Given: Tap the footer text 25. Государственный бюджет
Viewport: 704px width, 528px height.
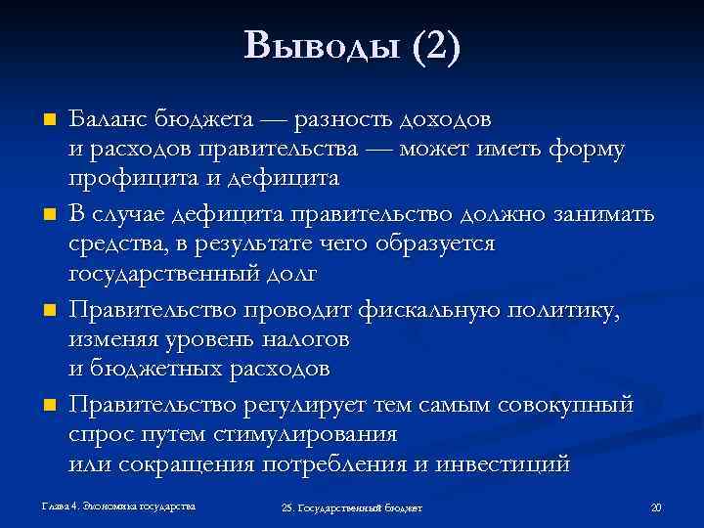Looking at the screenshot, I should [351, 508].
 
